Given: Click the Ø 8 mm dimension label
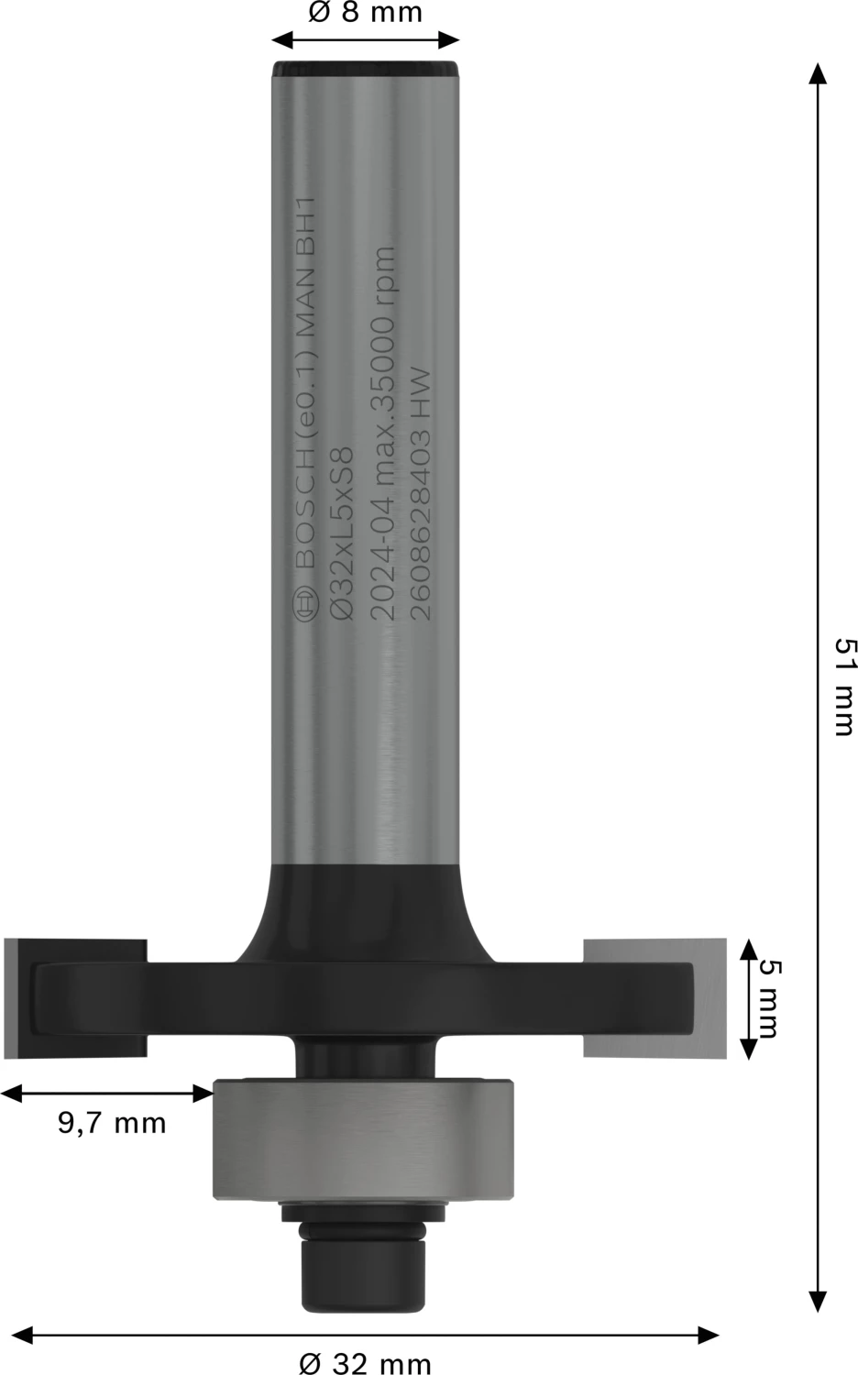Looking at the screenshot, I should (x=364, y=13).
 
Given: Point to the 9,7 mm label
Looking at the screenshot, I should (x=112, y=1122).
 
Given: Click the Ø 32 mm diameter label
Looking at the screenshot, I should (x=365, y=1363).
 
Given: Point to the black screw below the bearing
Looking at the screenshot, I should (x=364, y=1265).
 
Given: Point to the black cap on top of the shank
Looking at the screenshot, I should (x=364, y=69).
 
